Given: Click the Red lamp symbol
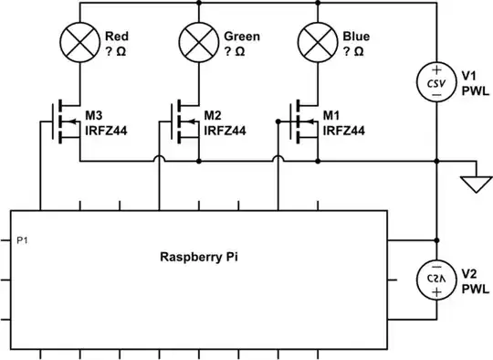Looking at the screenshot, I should coord(79,43).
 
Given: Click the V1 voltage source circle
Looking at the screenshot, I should coord(437,81).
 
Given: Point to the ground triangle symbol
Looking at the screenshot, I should coord(473,185).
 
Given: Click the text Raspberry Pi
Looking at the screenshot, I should coord(197,258).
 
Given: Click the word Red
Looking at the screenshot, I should coord(117,37).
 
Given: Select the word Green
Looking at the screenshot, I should coord(242,37).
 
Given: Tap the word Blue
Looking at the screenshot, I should coord(356,37).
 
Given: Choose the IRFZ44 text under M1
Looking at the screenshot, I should coord(345,131).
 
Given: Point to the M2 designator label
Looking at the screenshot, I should coord(213,116).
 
